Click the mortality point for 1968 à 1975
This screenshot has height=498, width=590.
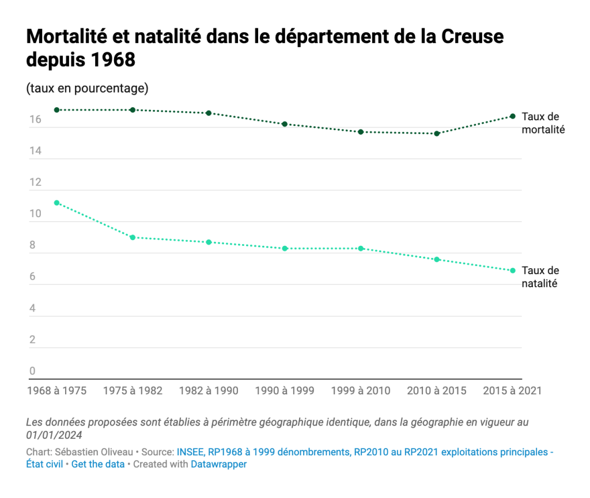(56, 110)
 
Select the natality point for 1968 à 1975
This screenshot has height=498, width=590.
(56, 203)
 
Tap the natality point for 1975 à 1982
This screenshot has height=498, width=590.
(133, 237)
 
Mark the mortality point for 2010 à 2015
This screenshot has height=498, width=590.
(437, 134)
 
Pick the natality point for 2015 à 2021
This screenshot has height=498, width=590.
(513, 271)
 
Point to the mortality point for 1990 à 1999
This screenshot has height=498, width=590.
(285, 124)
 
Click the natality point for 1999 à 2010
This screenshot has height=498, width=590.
(361, 249)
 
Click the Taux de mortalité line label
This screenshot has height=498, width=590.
(543, 123)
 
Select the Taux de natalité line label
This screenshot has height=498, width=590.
(540, 277)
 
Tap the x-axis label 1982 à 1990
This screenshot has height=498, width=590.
(209, 391)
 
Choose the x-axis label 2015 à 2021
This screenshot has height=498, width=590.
(512, 391)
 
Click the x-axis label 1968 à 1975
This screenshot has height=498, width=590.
(56, 391)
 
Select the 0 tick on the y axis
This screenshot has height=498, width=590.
(33, 371)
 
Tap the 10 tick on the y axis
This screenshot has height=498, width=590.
(36, 214)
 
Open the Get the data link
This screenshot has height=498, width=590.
(98, 464)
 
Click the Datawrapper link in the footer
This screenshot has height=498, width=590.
(218, 464)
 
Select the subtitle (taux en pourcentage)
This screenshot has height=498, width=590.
(87, 89)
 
